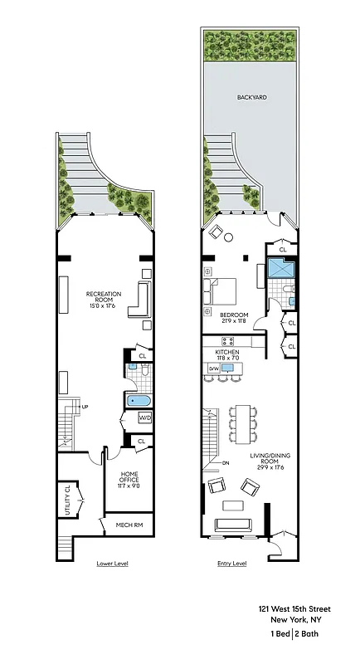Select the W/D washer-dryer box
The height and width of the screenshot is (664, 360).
[x=144, y=417]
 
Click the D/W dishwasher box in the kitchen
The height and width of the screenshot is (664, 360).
[x=213, y=369]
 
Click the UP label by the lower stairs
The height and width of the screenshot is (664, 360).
[x=85, y=407]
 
